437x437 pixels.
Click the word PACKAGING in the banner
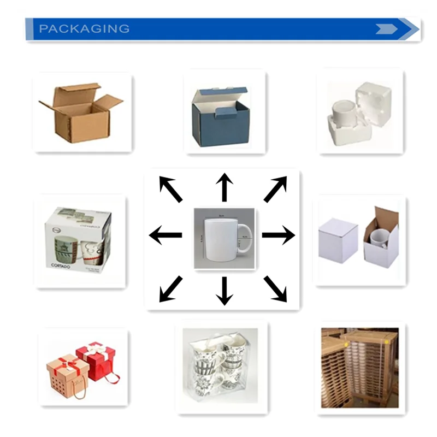pos(84,29)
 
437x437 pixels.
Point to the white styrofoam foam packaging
pos(360,115)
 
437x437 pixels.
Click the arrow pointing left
pos(166,235)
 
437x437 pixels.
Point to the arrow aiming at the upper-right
pos(275,189)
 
